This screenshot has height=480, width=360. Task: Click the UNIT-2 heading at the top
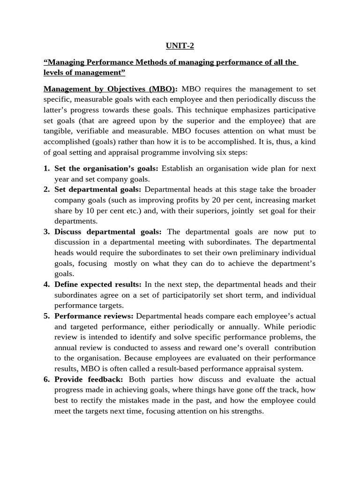(x=180, y=45)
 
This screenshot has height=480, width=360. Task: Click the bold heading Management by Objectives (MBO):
(x=111, y=89)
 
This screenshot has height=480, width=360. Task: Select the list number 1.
(x=47, y=168)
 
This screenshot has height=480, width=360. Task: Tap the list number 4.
(x=47, y=285)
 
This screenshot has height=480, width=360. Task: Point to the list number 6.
(x=47, y=379)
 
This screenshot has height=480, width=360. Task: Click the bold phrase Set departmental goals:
(x=97, y=189)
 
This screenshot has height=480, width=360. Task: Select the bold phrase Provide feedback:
(x=89, y=379)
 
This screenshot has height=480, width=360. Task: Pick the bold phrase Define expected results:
(x=97, y=285)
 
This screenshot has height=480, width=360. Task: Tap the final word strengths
(x=247, y=411)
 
